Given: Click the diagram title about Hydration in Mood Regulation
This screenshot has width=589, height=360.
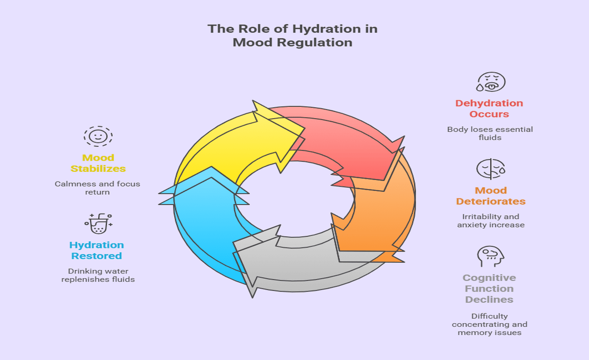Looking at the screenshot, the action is [292, 35].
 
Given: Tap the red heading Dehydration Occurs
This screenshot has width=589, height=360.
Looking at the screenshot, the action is [489, 108].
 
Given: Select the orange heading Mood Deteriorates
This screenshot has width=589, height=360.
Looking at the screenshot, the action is [491, 196].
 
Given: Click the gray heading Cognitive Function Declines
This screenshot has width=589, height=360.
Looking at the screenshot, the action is [489, 288].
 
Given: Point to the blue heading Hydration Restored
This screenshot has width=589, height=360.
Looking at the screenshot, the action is [97, 250].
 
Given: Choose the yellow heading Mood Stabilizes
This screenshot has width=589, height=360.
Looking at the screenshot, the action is [98, 163].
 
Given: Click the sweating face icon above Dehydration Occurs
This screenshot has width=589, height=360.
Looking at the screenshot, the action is [491, 82].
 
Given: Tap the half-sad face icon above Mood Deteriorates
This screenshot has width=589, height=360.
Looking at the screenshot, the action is [491, 169].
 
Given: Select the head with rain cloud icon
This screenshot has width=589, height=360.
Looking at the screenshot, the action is [490, 256].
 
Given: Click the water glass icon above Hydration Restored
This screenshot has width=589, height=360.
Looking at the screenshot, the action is [98, 223].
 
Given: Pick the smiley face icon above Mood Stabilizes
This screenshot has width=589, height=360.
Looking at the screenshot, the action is [98, 136].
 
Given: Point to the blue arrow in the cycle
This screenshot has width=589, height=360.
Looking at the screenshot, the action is [203, 226].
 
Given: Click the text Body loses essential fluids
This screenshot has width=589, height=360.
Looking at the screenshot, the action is [490, 133].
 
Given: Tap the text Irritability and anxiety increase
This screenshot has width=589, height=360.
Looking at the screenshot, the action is [491, 221].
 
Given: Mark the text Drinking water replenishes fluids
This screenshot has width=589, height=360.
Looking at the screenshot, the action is [98, 276].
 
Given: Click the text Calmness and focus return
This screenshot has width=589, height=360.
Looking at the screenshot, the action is [97, 188].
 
